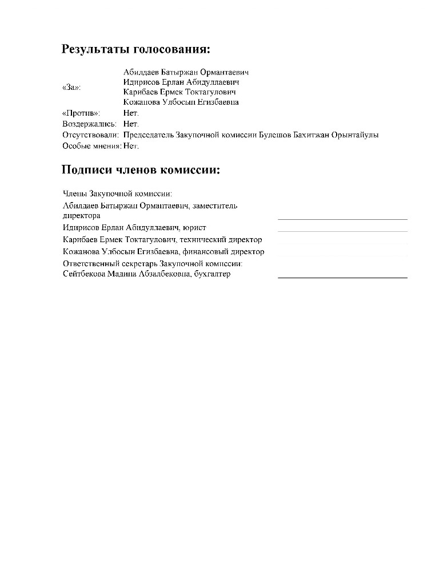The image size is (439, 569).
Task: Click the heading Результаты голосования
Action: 136,49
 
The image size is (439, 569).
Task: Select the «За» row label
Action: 71,88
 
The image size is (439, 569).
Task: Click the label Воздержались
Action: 89,124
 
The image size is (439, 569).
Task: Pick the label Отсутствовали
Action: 90,135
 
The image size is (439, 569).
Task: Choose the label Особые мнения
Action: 91,146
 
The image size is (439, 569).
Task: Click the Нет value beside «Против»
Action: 131,113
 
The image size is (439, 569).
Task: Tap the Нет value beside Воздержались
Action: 131,124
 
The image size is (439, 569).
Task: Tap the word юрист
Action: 194,227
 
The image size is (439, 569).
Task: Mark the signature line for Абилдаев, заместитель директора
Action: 342,219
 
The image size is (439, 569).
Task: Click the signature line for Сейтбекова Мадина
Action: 342,277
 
